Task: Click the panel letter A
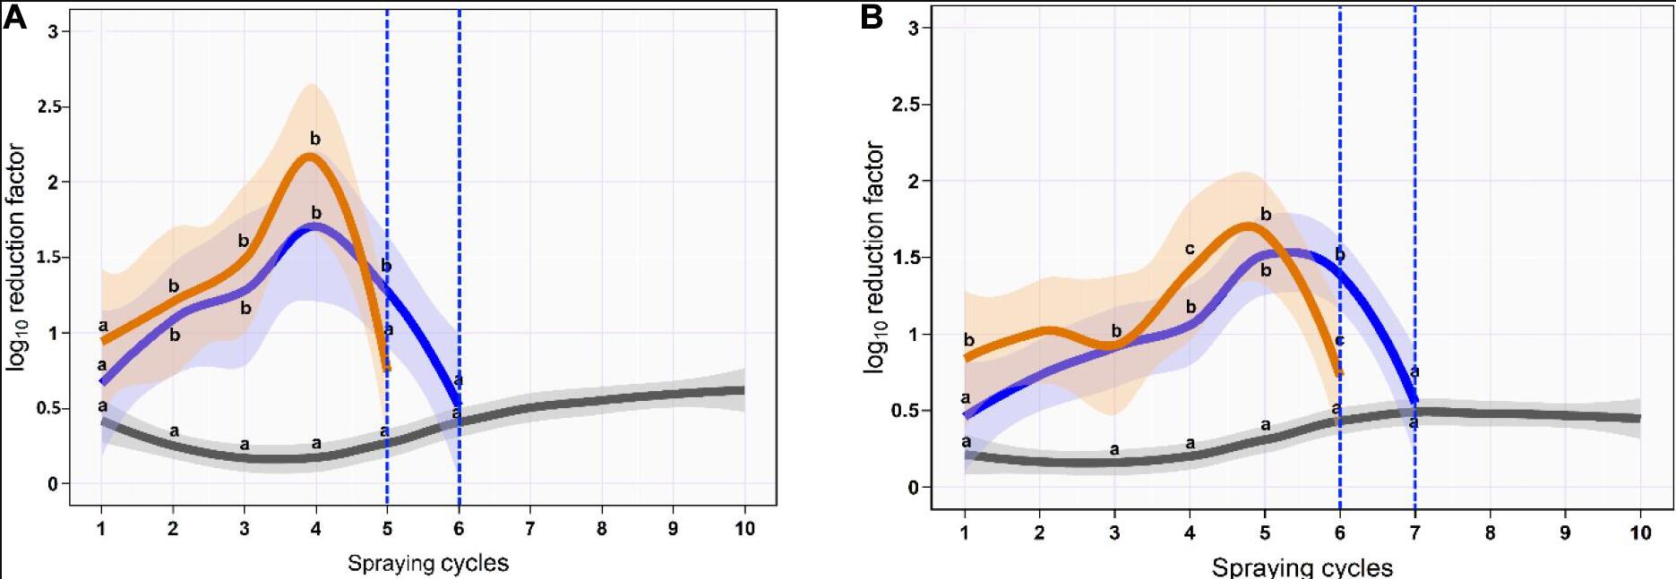coord(15,18)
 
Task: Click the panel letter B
coord(872,18)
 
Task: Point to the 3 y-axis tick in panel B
coord(913,28)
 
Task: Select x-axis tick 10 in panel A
coord(744,529)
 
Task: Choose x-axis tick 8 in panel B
coord(1491,532)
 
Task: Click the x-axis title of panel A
coord(428,563)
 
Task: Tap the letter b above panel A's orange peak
coord(315,139)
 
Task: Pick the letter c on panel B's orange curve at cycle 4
coord(1190,249)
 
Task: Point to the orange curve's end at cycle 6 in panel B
coord(1339,371)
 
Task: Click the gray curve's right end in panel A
coord(743,390)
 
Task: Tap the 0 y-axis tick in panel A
coord(53,484)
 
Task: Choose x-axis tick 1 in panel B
coord(965,532)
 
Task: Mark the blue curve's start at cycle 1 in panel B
coord(966,415)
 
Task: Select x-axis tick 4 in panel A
coord(315,529)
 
